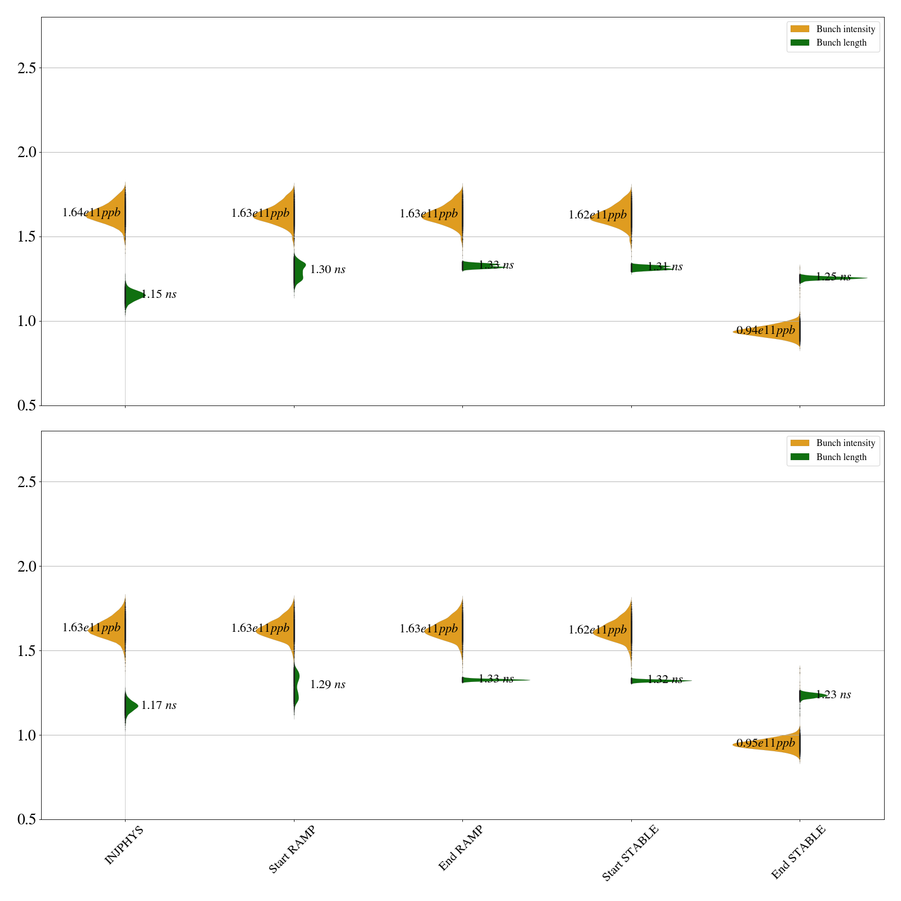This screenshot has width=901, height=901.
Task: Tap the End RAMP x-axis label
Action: [x=461, y=848]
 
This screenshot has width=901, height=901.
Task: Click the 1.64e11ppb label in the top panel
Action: [x=91, y=213]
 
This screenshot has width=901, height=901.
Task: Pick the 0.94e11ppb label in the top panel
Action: [x=766, y=330]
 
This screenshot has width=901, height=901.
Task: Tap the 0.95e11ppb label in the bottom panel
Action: [x=766, y=743]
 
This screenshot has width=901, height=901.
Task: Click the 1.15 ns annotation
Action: [x=159, y=294]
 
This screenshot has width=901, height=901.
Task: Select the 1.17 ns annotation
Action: [x=159, y=705]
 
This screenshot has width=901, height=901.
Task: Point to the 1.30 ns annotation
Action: [x=328, y=269]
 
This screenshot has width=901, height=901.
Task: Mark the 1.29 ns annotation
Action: [x=328, y=684]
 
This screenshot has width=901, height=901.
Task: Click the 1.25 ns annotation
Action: [x=833, y=276]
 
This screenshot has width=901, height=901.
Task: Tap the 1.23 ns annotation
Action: [x=833, y=694]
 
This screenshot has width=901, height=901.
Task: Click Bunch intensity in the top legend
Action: [x=845, y=29]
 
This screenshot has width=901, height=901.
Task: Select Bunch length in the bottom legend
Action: [x=841, y=457]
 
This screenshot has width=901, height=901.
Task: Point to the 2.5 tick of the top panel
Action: [x=26, y=68]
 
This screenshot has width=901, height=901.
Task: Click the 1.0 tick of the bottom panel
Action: [x=26, y=735]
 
